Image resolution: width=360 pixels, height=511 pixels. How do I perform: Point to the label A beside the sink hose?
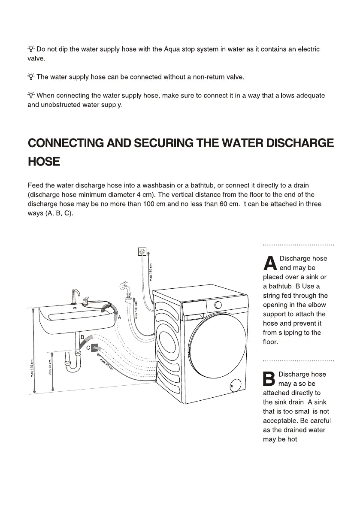(119, 317)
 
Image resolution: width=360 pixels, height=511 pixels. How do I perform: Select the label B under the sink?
(82, 337)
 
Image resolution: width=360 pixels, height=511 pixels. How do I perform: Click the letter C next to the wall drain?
(88, 348)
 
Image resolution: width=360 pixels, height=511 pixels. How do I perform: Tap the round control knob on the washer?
(218, 305)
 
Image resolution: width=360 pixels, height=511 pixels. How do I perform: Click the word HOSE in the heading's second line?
(43, 162)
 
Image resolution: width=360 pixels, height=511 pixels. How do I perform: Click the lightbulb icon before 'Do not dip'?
(31, 49)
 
